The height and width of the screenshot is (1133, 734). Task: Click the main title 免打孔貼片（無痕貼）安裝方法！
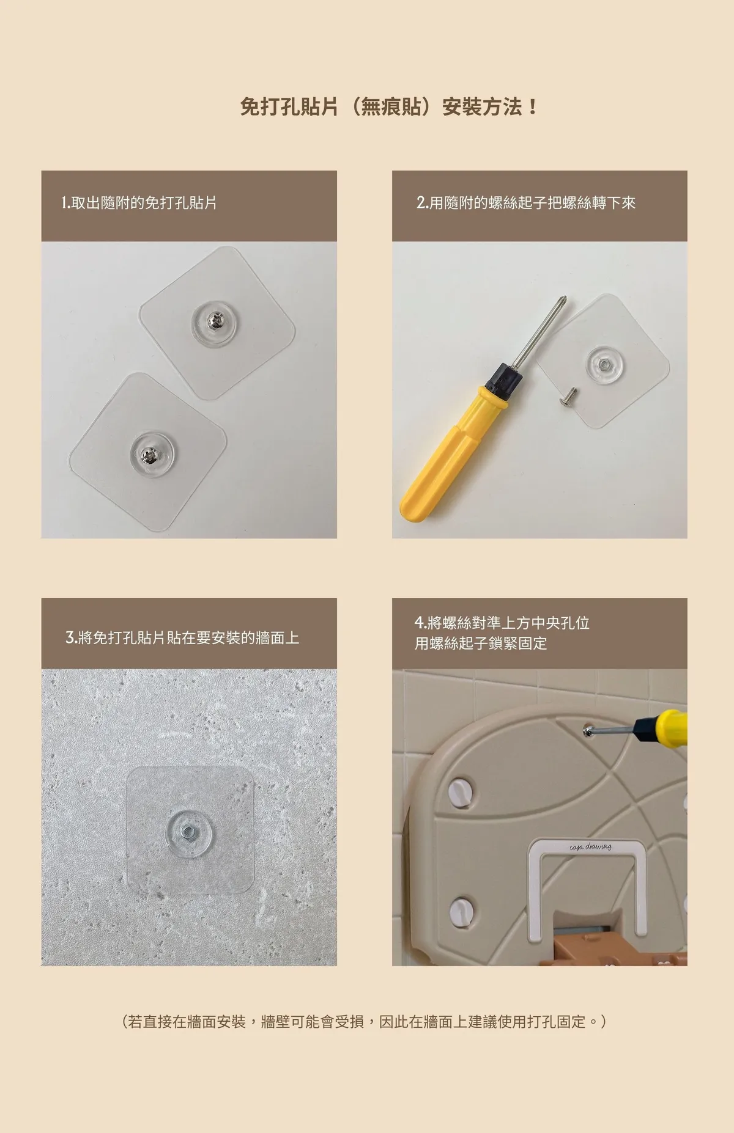pos(389,107)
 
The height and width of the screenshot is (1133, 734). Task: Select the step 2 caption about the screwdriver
pos(526,203)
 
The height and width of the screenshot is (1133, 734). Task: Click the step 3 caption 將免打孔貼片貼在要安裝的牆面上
pos(182,638)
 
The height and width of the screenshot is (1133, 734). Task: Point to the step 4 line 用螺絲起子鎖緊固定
pos(481,643)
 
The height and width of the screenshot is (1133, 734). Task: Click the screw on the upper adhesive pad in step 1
pos(214,319)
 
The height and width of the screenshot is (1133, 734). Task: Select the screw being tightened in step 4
pos(588,730)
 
